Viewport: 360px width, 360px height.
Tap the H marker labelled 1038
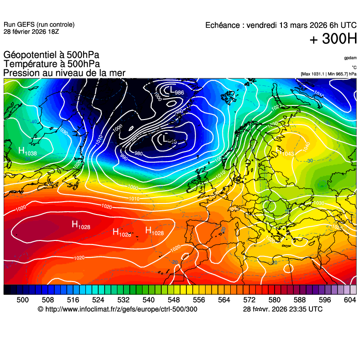pos(21,151)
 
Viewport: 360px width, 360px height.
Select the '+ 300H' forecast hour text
pos(333,40)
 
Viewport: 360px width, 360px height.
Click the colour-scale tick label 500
pos(22,300)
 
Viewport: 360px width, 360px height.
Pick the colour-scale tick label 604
pos(349,300)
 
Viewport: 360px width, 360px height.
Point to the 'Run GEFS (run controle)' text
pos(39,25)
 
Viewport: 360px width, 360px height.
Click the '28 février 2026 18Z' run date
pos(31,31)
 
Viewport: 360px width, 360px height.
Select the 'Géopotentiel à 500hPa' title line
pos(51,55)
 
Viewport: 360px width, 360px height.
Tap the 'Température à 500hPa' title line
pos(52,64)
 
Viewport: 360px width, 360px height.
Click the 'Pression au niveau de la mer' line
pos(64,73)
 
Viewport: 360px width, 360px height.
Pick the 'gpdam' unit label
pos(350,58)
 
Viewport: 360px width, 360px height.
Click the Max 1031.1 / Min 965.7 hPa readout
pos(328,74)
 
